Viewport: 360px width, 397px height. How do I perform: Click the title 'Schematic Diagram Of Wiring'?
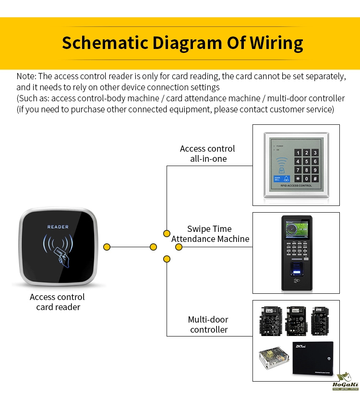[182, 43]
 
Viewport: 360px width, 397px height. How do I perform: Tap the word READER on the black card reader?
[58, 227]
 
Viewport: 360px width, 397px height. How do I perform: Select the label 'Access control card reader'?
[57, 302]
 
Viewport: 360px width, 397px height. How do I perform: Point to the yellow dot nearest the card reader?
[107, 247]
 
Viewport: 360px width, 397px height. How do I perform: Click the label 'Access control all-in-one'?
[207, 154]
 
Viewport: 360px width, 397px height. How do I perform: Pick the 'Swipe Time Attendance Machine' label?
[210, 234]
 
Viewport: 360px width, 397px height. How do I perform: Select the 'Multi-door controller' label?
[208, 325]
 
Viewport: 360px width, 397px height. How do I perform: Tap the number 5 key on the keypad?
[306, 161]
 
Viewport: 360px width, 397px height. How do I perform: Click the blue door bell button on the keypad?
[277, 179]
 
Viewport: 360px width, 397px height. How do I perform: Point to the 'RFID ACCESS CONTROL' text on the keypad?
[293, 185]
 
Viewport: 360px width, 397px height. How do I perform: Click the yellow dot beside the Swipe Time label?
[179, 247]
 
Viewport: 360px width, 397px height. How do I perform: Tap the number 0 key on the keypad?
[306, 178]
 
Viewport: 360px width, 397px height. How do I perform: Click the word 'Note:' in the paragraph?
[26, 76]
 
